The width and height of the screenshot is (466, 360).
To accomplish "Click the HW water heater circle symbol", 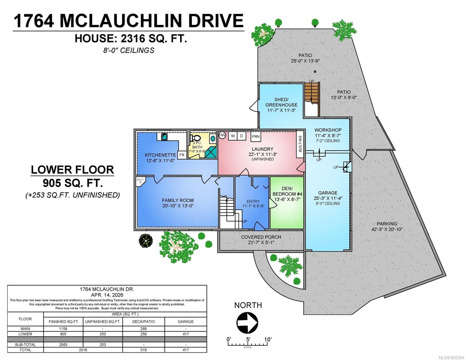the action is point(222,135).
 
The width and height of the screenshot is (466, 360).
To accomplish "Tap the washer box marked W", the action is point(233,136).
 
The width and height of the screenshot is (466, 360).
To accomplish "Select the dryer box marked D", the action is point(242,136).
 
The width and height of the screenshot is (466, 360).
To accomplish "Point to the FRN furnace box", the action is point(256,136).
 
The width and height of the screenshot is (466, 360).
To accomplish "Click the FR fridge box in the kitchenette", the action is point(182,155).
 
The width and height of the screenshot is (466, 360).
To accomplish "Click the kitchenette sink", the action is point(164,137).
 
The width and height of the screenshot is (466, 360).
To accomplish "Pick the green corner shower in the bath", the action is point(211,151).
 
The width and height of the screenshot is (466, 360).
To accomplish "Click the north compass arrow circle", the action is point(247,322).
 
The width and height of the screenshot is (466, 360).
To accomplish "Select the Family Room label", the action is point(178,200).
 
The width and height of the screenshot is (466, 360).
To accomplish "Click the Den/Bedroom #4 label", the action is point(287,191).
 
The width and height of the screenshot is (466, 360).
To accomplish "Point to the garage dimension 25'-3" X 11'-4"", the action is point(328,198).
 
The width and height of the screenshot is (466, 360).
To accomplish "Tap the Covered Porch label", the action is point(261,237).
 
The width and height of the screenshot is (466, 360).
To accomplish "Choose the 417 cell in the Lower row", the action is point(186,334).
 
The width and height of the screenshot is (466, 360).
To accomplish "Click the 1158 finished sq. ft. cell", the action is point(63,328).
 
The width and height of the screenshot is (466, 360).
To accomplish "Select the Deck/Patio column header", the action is point(143,321).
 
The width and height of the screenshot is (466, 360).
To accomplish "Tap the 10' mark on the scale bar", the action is point(268,340).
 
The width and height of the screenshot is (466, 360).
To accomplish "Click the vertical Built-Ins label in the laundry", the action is point(300,144).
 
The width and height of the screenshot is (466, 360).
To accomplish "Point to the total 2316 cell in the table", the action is point(83,350).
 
